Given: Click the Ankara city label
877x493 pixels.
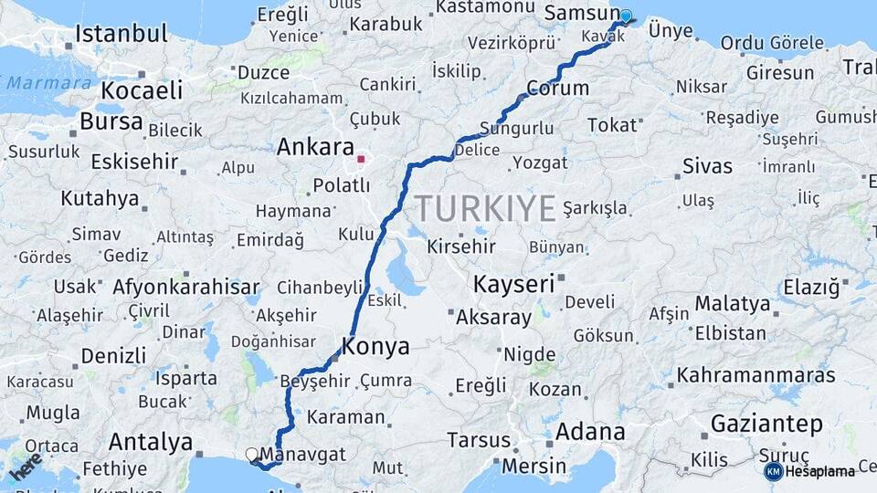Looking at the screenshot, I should (314, 147).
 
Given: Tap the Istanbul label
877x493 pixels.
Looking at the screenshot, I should (122, 35).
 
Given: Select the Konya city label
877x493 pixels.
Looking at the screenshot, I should (375, 346).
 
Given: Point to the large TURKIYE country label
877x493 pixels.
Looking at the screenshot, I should (486, 209).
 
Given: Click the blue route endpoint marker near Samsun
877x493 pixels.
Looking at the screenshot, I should (626, 16).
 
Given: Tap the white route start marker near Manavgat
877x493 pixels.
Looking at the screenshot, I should (252, 453).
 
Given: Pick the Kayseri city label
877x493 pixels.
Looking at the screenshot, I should (513, 284).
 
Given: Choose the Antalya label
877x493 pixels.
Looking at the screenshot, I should (151, 443).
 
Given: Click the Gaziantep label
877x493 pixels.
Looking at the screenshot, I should (766, 424).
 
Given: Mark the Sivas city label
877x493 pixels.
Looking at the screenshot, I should (708, 166).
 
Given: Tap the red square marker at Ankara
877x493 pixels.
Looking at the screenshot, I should (361, 160).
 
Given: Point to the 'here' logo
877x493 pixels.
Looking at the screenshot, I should (26, 466).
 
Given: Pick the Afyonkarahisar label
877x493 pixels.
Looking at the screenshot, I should (186, 287).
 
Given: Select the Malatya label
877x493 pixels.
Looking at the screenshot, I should (732, 303).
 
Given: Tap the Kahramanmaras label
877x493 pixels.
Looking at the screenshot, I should (755, 375).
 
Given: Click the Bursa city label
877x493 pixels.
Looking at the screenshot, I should (111, 121).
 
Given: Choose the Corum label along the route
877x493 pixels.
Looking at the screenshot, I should (558, 89).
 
